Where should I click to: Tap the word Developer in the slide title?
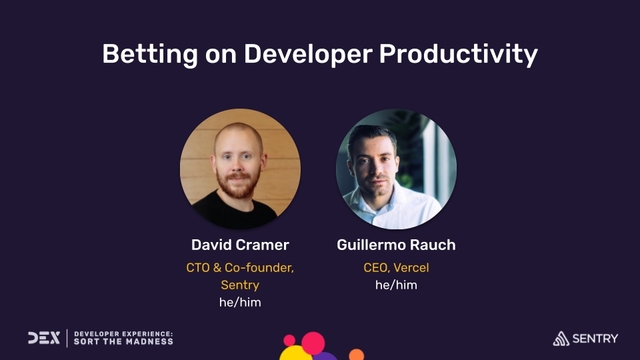pyautogui.click(x=304, y=53)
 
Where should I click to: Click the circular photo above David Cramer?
pyautogui.click(x=240, y=169)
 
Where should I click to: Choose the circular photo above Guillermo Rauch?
pyautogui.click(x=396, y=169)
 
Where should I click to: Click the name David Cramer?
pyautogui.click(x=240, y=245)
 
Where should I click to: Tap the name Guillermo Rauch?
pyautogui.click(x=396, y=245)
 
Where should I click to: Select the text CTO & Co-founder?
pyautogui.click(x=240, y=267)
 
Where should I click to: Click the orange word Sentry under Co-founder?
pyautogui.click(x=240, y=285)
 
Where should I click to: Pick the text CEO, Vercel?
pyautogui.click(x=396, y=267)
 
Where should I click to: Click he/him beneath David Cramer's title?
pyautogui.click(x=240, y=302)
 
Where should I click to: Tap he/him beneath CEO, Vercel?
pyautogui.click(x=396, y=285)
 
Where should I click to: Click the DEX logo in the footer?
pyautogui.click(x=43, y=337)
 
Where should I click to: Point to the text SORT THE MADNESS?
pyautogui.click(x=124, y=342)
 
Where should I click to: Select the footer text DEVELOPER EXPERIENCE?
pyautogui.click(x=124, y=332)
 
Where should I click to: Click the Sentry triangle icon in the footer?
pyautogui.click(x=563, y=338)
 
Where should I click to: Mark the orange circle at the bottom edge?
pyautogui.click(x=356, y=355)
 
